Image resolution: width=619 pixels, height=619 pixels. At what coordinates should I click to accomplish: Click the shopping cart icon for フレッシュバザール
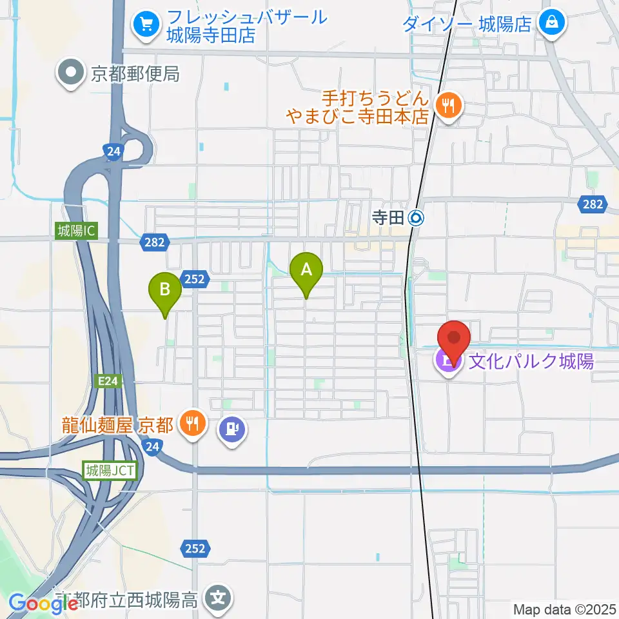[x=146, y=25]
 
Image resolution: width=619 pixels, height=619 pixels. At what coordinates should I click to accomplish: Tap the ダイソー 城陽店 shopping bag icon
[x=553, y=24]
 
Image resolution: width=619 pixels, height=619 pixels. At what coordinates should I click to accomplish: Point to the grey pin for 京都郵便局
[x=71, y=74]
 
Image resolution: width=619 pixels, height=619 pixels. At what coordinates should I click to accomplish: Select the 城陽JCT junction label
[x=110, y=470]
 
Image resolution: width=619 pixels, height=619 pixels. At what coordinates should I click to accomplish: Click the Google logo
[x=44, y=604]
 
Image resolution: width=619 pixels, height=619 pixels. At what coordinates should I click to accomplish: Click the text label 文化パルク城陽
[x=530, y=361]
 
